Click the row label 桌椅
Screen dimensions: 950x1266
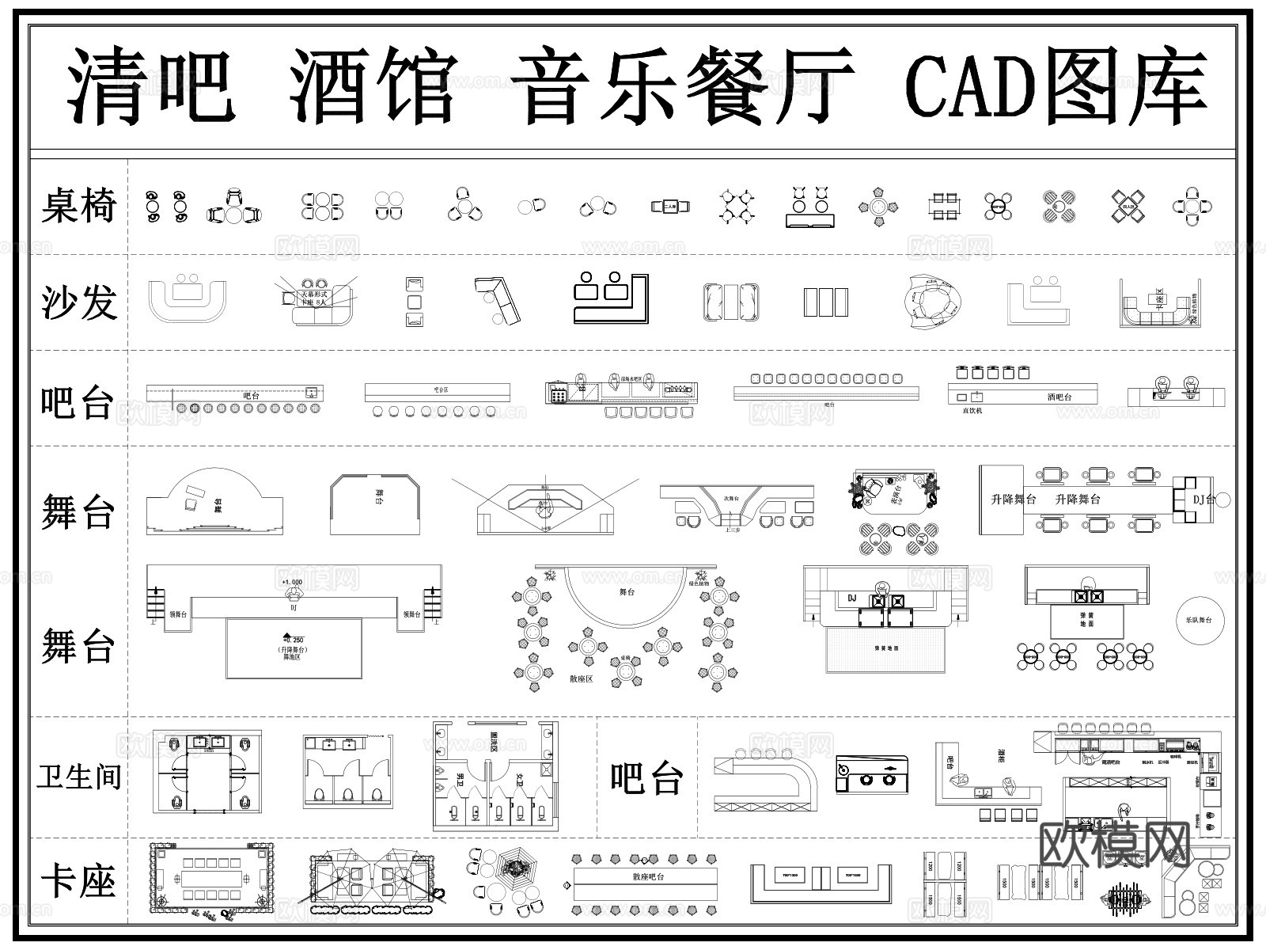[x=78, y=205]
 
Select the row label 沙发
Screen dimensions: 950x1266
[x=78, y=302]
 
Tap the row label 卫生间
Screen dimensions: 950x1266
[x=78, y=777]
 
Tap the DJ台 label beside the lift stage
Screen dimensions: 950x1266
[x=1203, y=500]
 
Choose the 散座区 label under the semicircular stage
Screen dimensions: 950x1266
[x=581, y=678]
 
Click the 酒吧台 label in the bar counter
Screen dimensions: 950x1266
[x=1058, y=397]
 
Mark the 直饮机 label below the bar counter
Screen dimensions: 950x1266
[x=972, y=411]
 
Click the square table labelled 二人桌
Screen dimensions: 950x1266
[x=670, y=207]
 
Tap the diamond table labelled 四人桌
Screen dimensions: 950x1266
[x=1128, y=207]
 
